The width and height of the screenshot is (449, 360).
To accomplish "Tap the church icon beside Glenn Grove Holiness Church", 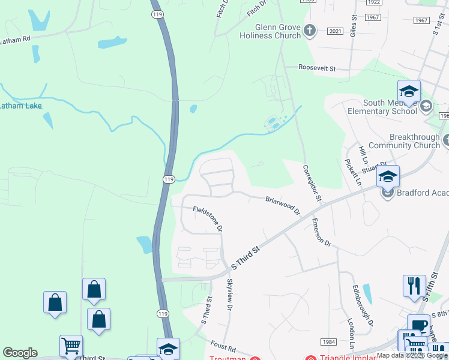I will click(x=310, y=31).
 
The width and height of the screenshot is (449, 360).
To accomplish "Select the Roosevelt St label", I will click(x=318, y=68).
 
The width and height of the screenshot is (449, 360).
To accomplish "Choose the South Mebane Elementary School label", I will click(x=382, y=106).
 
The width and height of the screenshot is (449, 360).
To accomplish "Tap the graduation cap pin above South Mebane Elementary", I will click(x=409, y=91).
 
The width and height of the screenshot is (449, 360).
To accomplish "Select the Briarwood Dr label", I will click(x=283, y=205).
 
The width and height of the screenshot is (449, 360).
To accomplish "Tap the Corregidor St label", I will click(x=312, y=183).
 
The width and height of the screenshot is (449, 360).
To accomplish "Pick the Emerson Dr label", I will click(x=321, y=232).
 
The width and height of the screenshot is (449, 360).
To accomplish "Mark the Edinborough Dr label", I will click(x=362, y=305).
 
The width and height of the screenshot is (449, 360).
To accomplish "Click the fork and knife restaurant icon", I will click(x=414, y=286).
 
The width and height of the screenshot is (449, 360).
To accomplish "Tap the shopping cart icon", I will click(x=71, y=346).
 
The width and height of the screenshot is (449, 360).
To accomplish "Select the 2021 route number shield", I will click(x=335, y=31).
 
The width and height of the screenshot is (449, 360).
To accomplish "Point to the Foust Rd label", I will click(x=224, y=347).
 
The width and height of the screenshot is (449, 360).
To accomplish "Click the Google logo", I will click(x=20, y=353).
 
